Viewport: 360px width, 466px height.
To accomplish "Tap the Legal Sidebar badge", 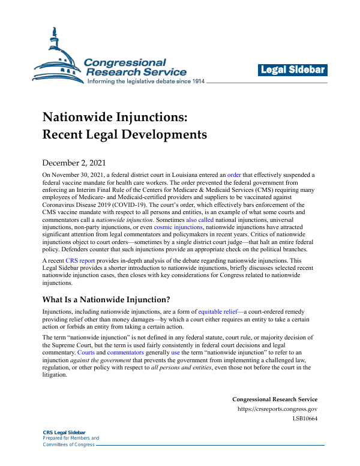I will pyautogui.click(x=293, y=70).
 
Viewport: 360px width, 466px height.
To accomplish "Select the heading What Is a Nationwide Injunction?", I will pyautogui.click(x=106, y=298).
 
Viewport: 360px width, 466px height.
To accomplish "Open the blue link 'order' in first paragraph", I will pyautogui.click(x=234, y=174).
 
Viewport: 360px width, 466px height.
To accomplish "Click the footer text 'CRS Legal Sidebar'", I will pyautogui.click(x=64, y=432).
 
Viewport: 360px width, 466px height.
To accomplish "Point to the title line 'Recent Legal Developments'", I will pyautogui.click(x=124, y=134).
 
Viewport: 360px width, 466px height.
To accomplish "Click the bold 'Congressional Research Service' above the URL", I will pyautogui.click(x=275, y=399).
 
